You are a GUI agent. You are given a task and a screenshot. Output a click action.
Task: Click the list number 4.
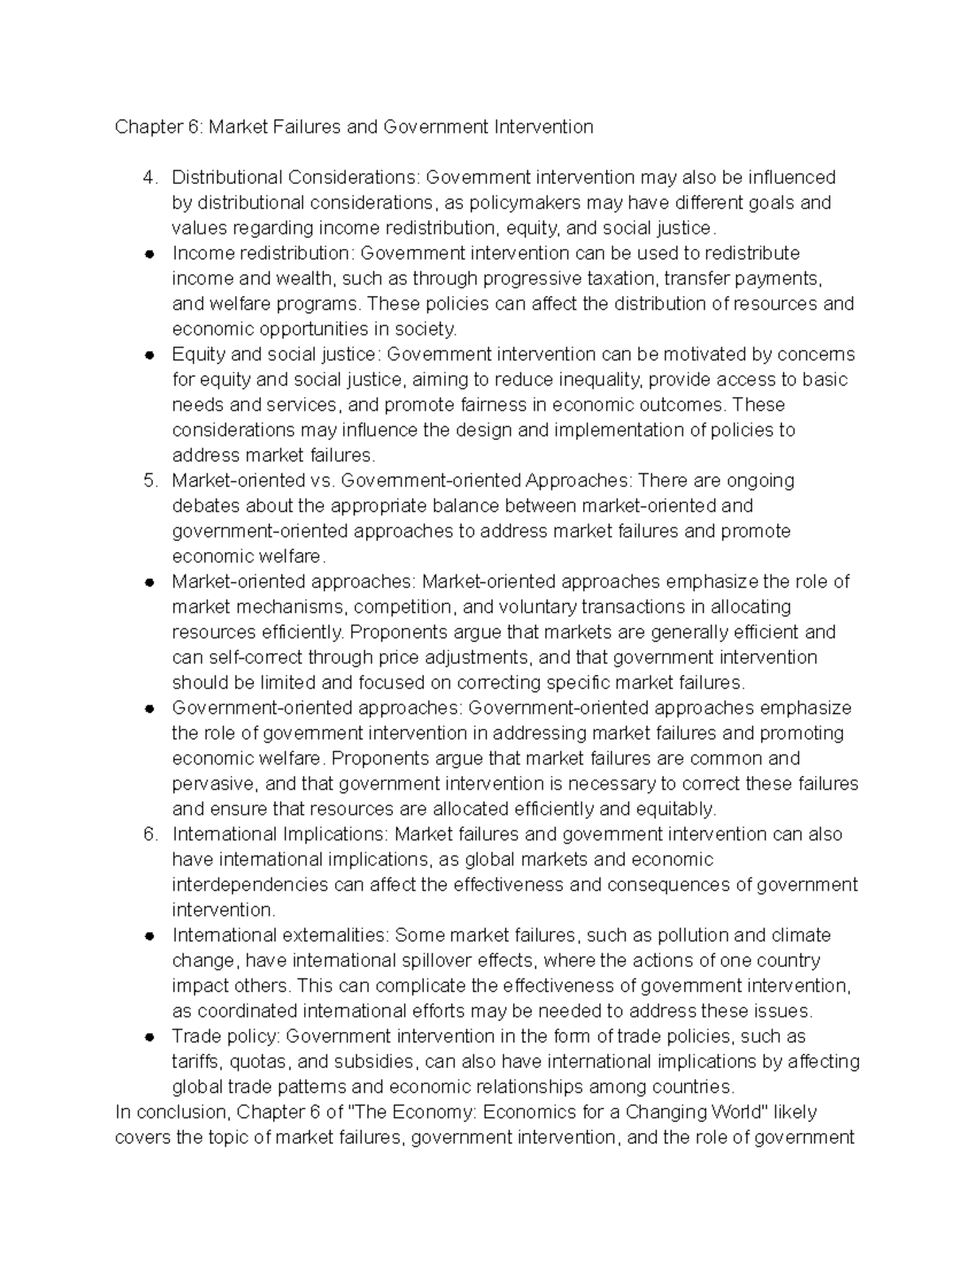tap(148, 177)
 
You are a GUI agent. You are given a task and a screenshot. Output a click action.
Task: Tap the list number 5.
tap(148, 481)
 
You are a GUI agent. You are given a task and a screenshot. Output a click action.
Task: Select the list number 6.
tap(148, 834)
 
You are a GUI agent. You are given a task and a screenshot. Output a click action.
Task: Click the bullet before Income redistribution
tap(148, 254)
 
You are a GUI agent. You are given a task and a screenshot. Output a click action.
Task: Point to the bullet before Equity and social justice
tap(148, 355)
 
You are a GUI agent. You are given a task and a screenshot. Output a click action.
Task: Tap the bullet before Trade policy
tap(148, 1038)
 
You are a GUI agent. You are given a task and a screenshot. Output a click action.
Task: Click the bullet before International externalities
tap(148, 936)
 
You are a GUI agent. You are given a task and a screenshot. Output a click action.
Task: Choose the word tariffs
tap(196, 1061)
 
